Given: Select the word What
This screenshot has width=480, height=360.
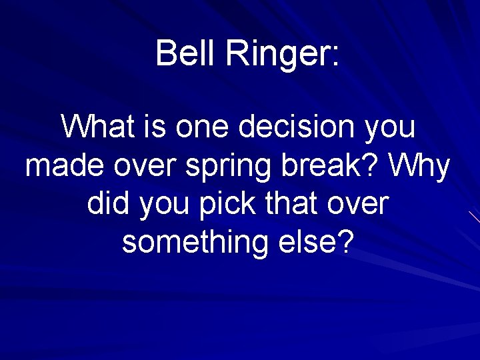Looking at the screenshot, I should [98, 126].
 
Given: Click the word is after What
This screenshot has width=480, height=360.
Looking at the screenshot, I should [155, 126].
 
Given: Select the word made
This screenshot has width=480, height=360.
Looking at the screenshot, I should [65, 165].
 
